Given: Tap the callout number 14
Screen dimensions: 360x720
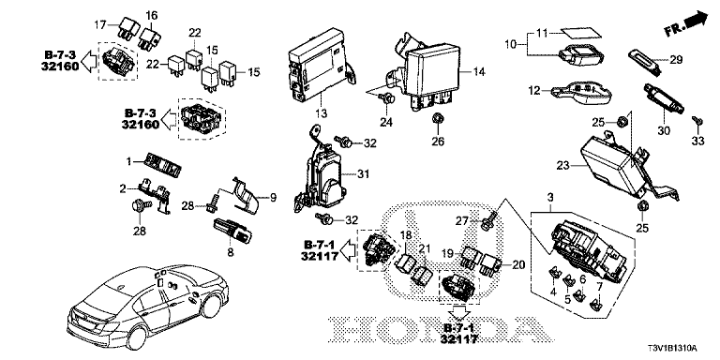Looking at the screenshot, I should tap(478, 71).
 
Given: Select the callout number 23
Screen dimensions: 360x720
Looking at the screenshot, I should tap(562, 165).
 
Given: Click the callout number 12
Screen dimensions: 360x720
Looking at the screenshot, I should tap(533, 91).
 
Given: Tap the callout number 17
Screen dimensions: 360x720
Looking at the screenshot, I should tap(101, 22).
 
